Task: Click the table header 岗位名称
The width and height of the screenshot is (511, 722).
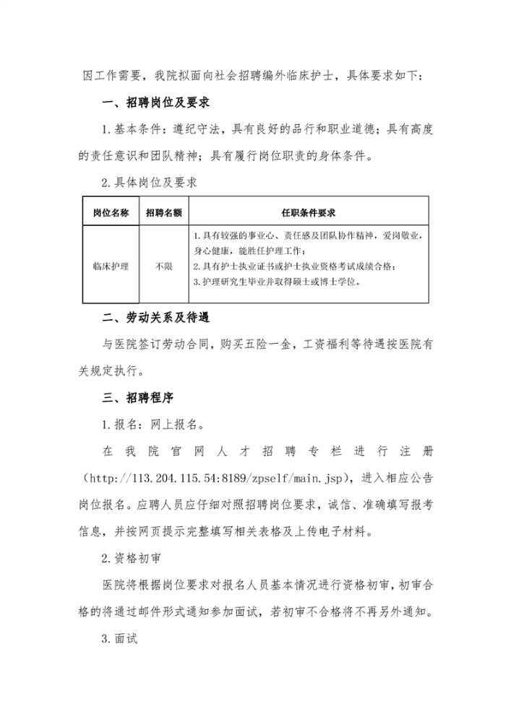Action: click(111, 213)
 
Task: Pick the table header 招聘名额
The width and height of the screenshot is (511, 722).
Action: click(163, 213)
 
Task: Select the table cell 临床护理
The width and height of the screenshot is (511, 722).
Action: click(111, 266)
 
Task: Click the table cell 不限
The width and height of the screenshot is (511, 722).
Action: click(163, 266)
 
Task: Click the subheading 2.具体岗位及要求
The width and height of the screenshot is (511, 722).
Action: click(149, 183)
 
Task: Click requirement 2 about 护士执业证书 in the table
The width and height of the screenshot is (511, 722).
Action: click(295, 266)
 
